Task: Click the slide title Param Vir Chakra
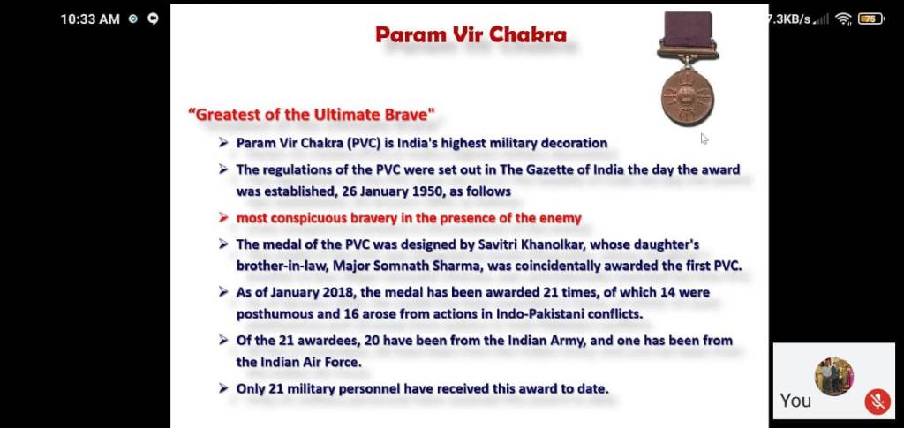coord(471,34)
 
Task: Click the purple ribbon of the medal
coord(689,29)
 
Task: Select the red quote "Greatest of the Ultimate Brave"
coord(312,114)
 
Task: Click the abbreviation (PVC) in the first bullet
coord(363,143)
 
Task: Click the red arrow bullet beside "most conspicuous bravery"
coord(223,218)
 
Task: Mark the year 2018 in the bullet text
coord(340,293)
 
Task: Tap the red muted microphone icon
coord(878,402)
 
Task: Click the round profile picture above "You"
coord(833,376)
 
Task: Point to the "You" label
coord(795,401)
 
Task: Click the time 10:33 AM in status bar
coord(90,19)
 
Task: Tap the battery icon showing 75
coord(870,19)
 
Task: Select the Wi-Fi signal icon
coord(844,19)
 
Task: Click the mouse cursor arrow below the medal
coord(704,139)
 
